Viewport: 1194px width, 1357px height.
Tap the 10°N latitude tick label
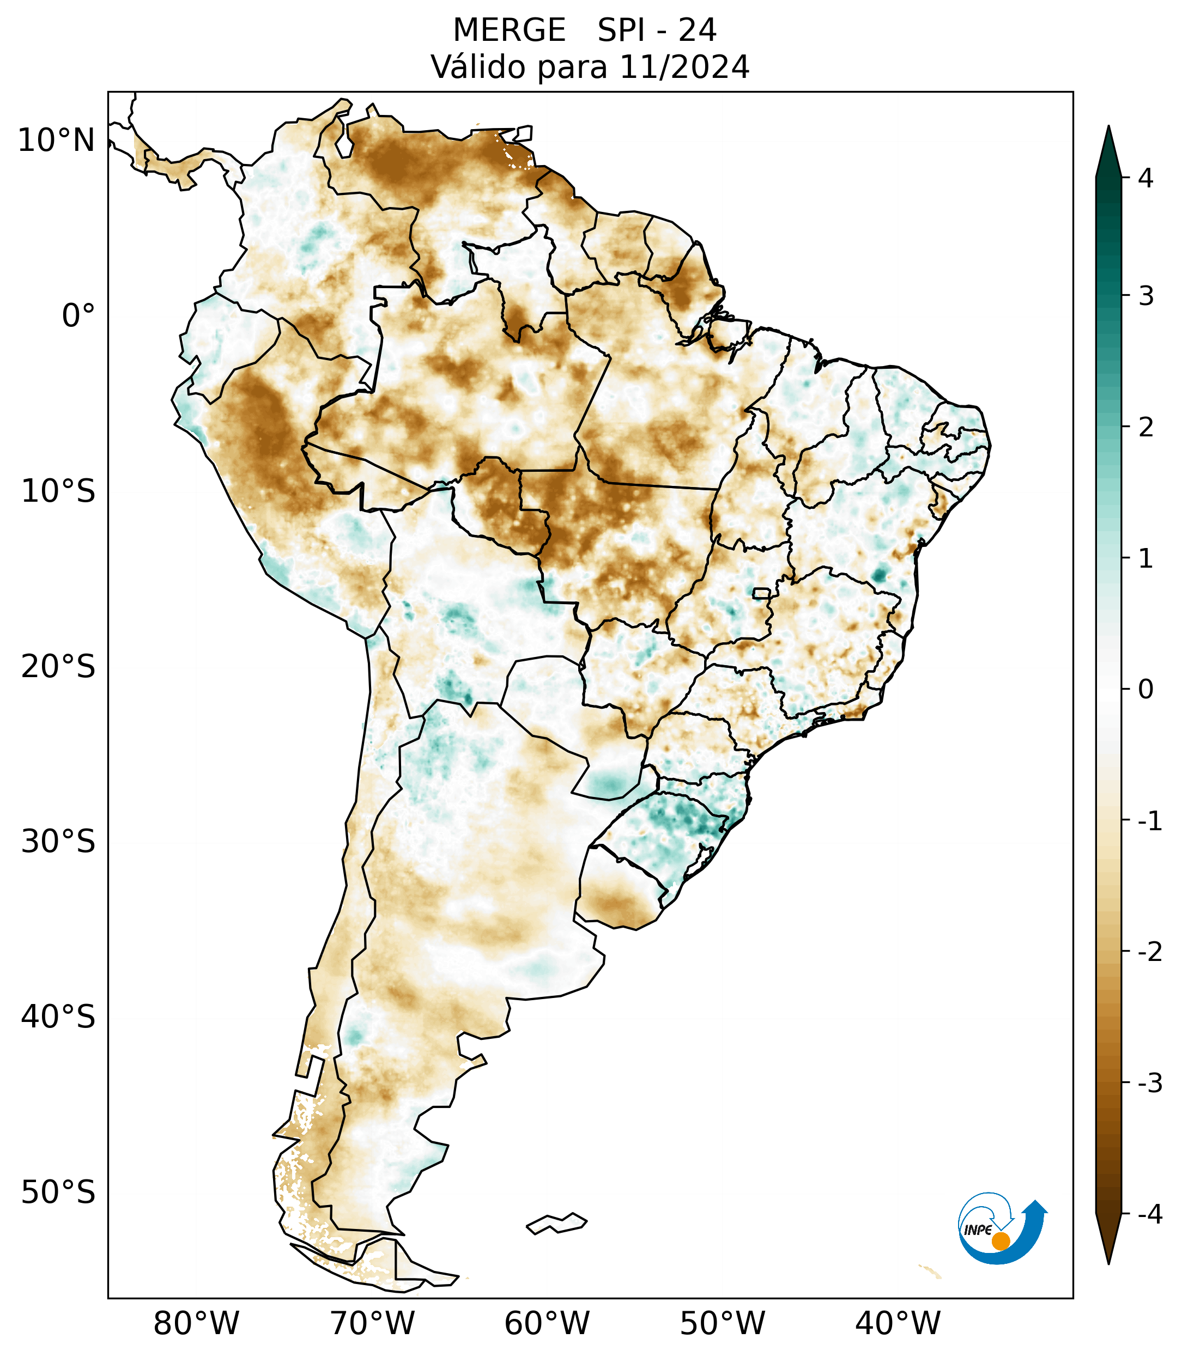pyautogui.click(x=57, y=141)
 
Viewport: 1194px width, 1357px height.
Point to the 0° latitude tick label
pyautogui.click(x=78, y=316)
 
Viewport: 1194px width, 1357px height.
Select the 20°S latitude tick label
pyautogui.click(x=58, y=667)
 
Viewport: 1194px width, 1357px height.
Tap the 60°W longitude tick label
pyautogui.click(x=547, y=1324)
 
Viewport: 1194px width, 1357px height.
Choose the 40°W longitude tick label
pyautogui.click(x=898, y=1324)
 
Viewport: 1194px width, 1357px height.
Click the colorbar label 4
pyautogui.click(x=1145, y=178)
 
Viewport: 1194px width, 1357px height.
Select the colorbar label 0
pyautogui.click(x=1145, y=690)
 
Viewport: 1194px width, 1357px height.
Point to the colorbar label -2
pyautogui.click(x=1149, y=952)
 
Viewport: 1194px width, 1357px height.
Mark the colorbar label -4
pyautogui.click(x=1149, y=1214)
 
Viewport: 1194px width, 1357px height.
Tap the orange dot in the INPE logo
pyautogui.click(x=1000, y=1241)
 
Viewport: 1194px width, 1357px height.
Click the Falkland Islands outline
pyautogui.click(x=556, y=1223)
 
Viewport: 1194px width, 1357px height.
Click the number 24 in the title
pyautogui.click(x=698, y=31)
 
